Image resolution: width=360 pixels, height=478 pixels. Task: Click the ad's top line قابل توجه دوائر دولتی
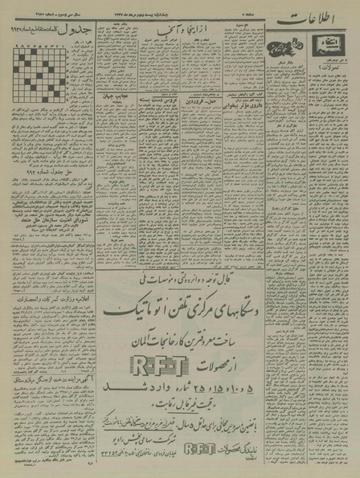pyautogui.click(x=183, y=260)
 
